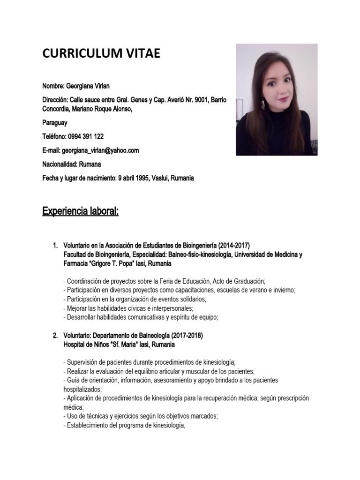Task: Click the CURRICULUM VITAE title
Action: click(101, 54)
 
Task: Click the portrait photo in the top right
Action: click(277, 99)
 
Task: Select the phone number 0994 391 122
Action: click(86, 136)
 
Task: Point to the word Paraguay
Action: click(55, 123)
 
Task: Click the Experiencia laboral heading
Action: click(80, 211)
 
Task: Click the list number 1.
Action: click(54, 246)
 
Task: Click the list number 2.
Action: click(54, 336)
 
